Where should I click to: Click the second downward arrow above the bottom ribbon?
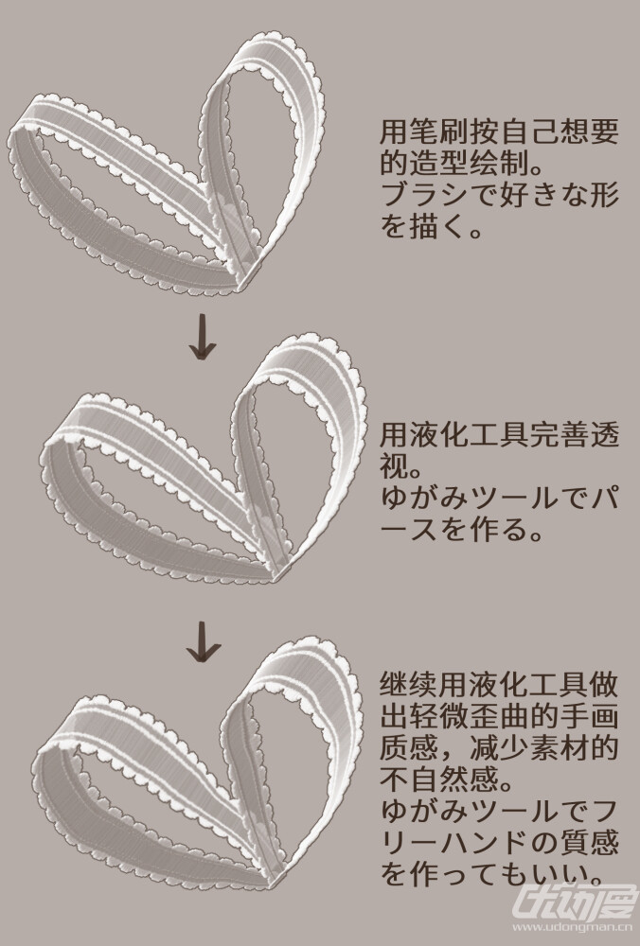203,639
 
